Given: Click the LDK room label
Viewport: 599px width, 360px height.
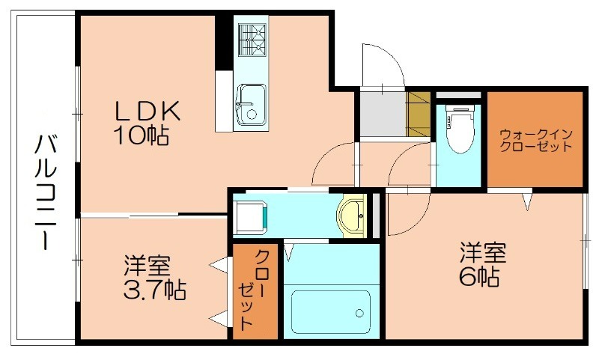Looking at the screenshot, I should pos(147,111).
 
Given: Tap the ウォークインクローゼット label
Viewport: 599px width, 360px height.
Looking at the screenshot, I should pos(535,140).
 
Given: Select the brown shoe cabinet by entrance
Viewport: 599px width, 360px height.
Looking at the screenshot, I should pos(419,113).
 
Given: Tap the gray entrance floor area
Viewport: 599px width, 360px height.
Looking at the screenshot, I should pos(382,114).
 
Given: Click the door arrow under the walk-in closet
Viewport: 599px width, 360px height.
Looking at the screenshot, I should pos(529,201).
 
